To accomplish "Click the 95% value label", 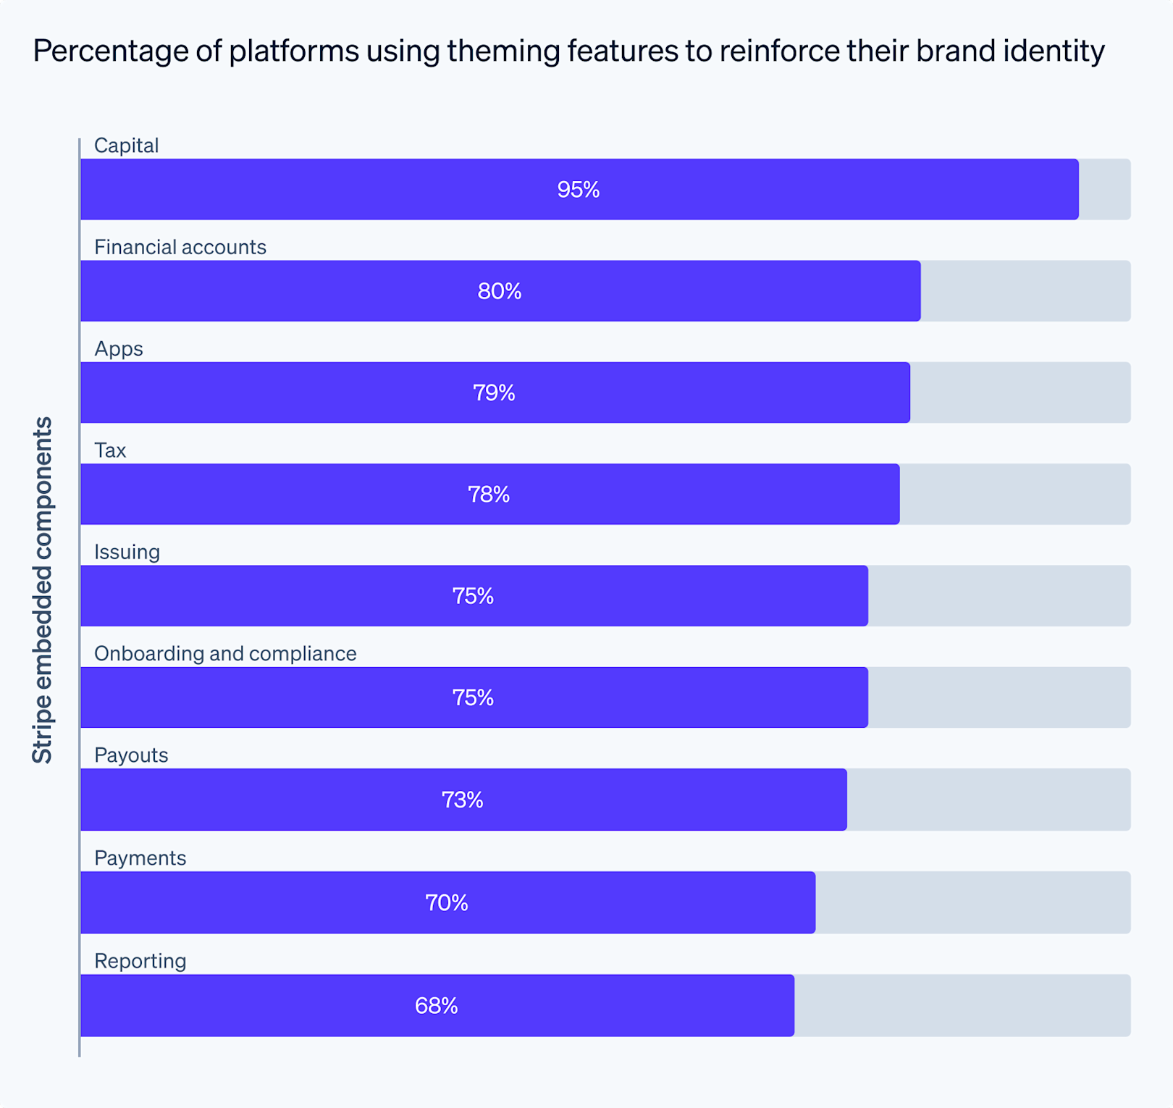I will click(578, 190).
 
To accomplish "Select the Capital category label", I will click(126, 146).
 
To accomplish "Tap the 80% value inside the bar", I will click(499, 291).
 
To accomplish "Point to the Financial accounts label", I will click(180, 247).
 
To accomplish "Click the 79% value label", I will click(494, 393).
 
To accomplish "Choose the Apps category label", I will click(118, 349).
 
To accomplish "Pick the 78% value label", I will click(489, 495).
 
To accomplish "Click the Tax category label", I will click(110, 450).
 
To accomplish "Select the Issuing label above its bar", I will click(127, 552).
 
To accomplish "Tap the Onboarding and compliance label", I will click(225, 653).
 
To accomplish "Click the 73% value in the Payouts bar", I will click(462, 799).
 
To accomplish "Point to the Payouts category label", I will click(131, 755).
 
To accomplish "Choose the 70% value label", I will click(446, 902).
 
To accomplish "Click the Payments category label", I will click(140, 858).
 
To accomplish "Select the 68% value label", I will click(436, 1005).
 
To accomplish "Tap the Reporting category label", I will click(140, 961).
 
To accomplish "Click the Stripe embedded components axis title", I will click(43, 590).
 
